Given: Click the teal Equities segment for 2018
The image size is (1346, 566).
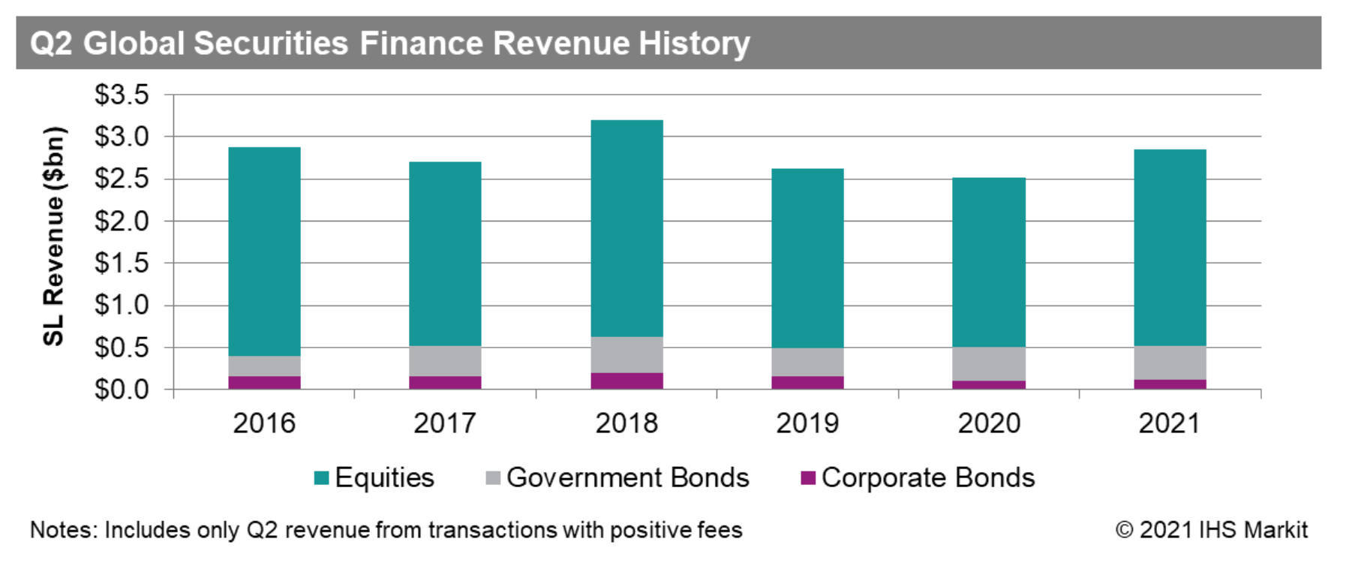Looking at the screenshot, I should point(626,228).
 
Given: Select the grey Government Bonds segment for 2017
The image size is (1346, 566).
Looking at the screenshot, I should point(445,361).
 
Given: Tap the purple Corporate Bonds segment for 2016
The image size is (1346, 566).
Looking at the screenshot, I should point(264,382).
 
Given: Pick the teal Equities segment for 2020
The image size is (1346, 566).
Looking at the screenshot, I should point(988,262).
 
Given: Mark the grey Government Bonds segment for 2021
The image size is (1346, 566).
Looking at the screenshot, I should point(1170,363).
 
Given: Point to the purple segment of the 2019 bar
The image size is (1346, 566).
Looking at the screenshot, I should point(807,382).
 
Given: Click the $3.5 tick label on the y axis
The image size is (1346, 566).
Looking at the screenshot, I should point(122,95).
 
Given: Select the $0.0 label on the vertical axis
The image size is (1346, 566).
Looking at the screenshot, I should point(122,390).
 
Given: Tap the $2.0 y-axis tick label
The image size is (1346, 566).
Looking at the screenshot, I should point(122,221).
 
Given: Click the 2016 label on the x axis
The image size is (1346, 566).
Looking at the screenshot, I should point(264,423).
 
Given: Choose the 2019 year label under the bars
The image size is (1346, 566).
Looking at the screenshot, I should point(807,423).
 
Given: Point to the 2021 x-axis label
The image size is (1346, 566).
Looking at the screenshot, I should point(1169,423).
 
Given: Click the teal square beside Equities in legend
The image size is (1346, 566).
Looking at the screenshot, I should point(322,478).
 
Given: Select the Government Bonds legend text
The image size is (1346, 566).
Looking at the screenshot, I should point(627,478).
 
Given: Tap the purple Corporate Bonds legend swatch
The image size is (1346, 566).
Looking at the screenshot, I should point(808,478).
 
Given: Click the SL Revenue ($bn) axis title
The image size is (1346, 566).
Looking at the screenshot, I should point(53,236).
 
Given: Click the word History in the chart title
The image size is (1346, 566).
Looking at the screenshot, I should point(694,44).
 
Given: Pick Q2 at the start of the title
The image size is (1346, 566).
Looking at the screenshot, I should point(51,44).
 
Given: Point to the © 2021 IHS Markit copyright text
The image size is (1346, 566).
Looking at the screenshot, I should point(1211,530).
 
